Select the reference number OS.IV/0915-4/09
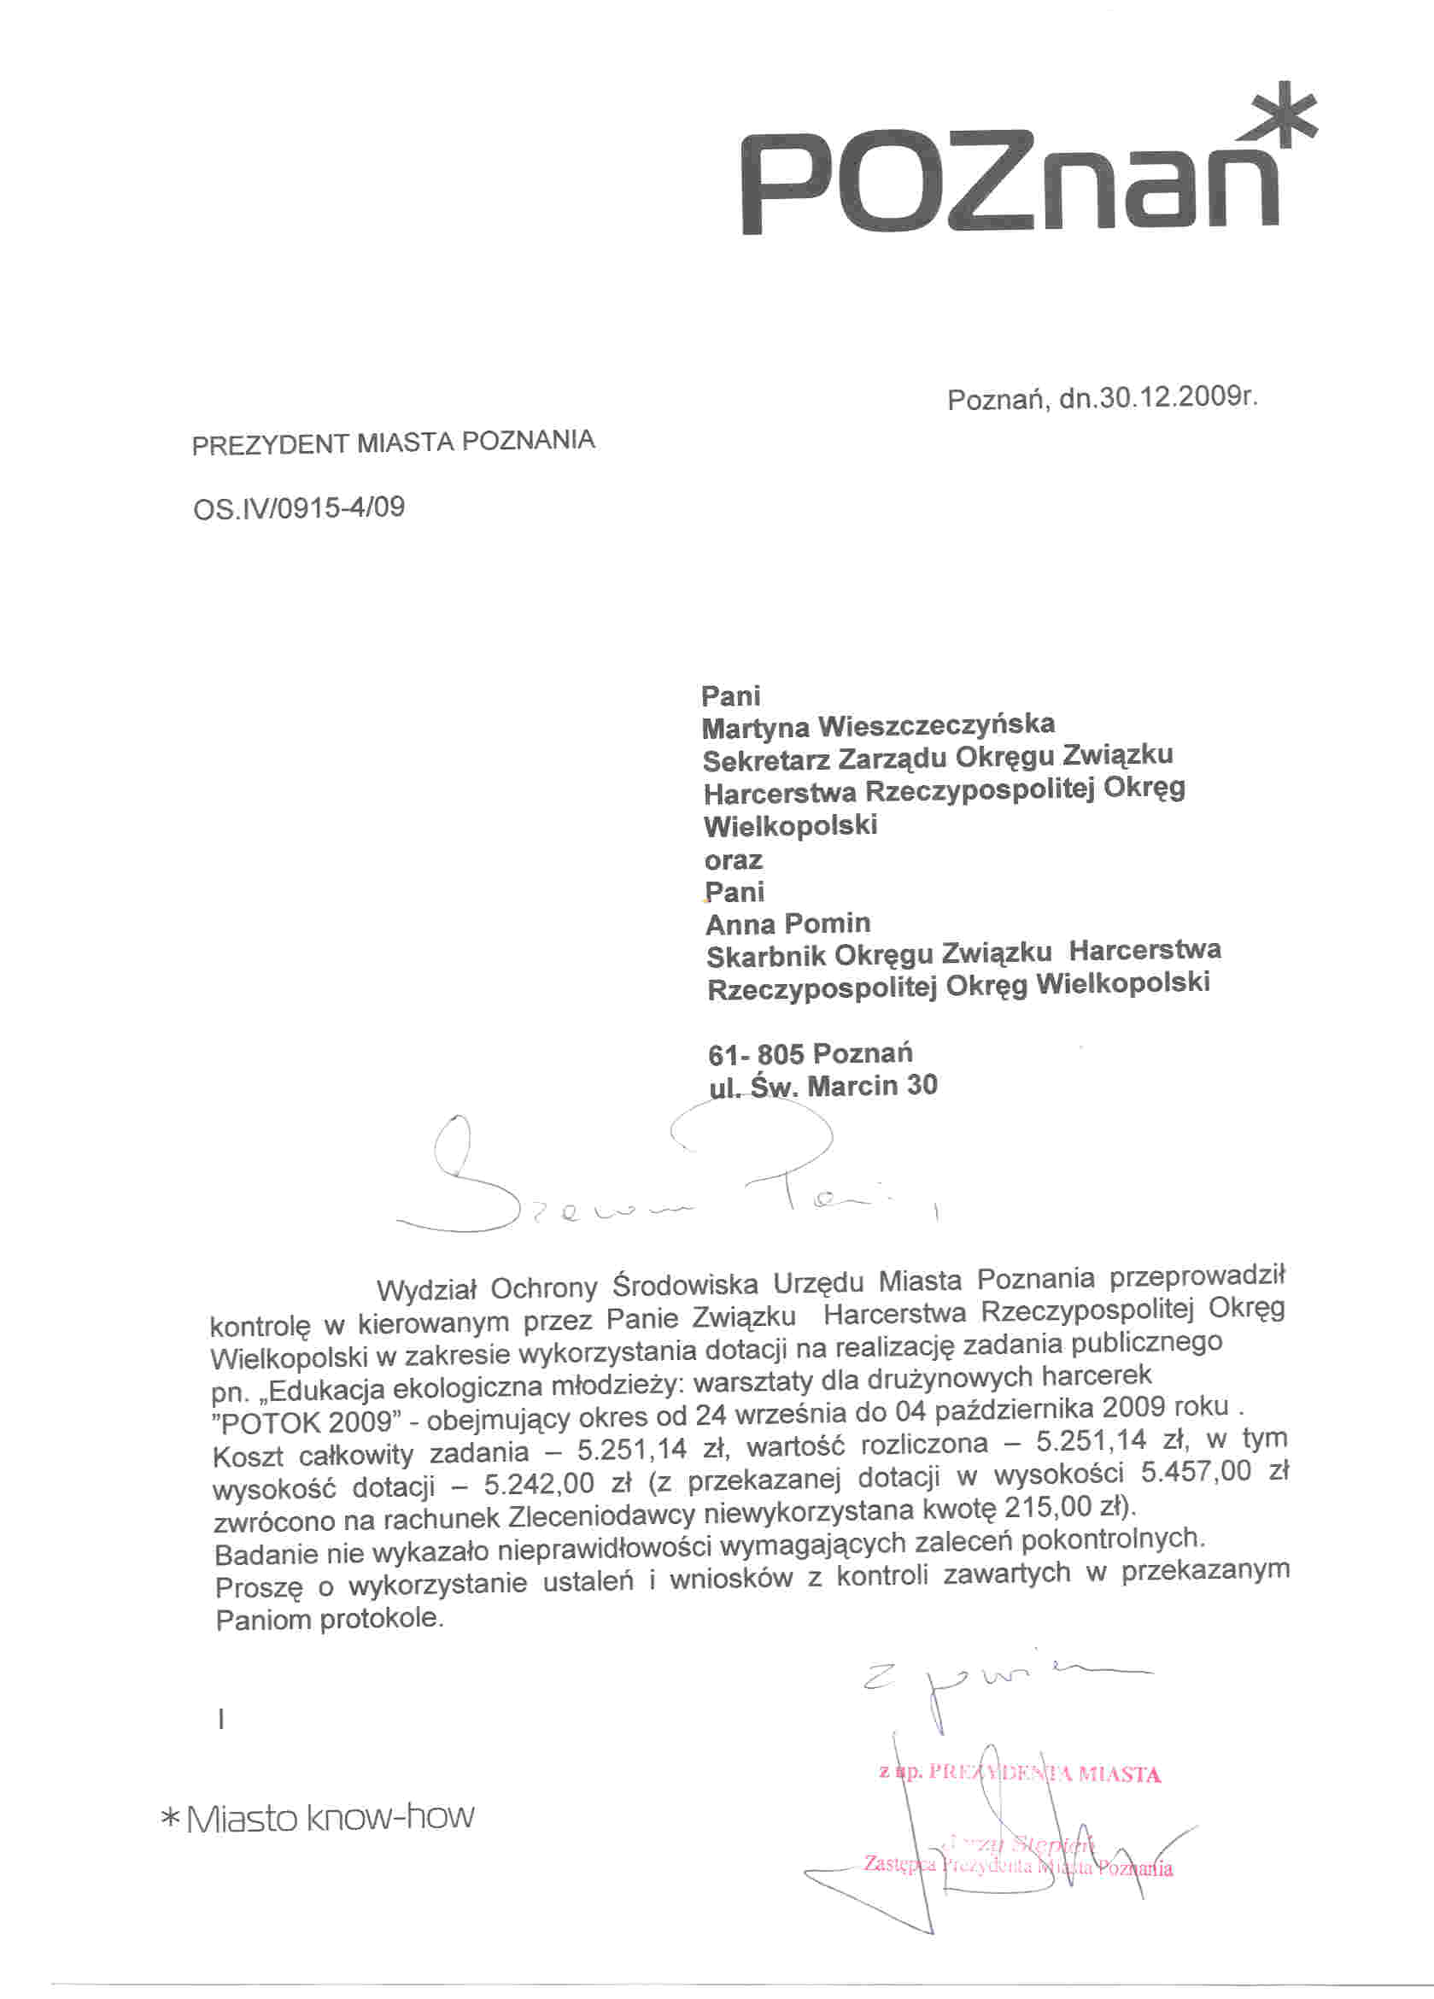(x=299, y=508)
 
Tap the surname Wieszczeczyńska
(x=936, y=726)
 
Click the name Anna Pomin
(x=788, y=923)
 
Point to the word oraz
(x=734, y=859)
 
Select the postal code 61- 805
(x=755, y=1054)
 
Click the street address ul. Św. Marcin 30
(x=823, y=1086)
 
